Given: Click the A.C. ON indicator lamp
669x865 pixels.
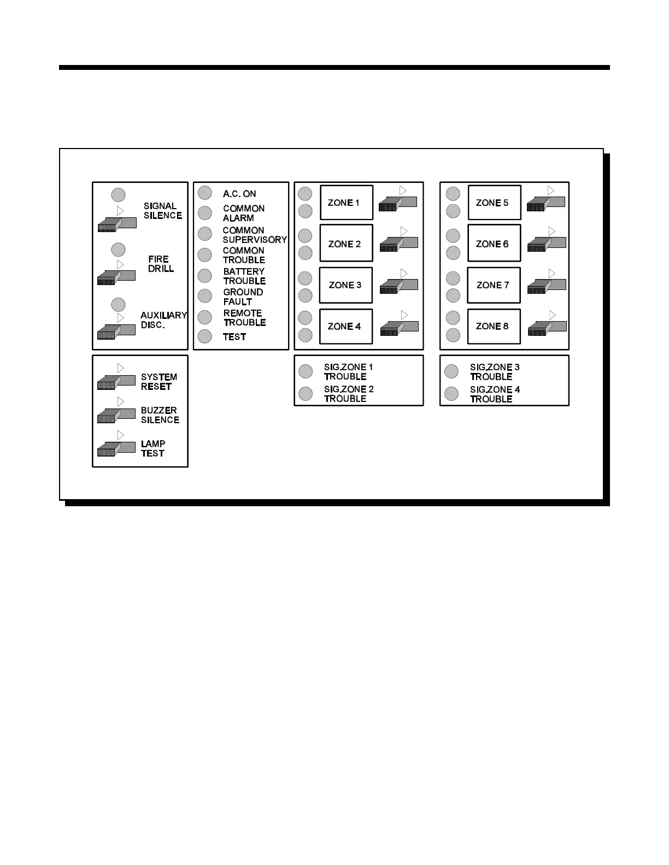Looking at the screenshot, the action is [205, 193].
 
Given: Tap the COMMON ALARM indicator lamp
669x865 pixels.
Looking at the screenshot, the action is [205, 212].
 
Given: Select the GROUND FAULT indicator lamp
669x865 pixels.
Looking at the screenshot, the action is [205, 296].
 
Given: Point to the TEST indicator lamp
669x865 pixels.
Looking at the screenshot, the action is [205, 336].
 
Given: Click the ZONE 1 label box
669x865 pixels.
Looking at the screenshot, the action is [346, 203].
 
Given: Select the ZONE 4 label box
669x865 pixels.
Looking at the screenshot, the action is [346, 327].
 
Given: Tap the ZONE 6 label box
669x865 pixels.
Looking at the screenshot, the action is [494, 244].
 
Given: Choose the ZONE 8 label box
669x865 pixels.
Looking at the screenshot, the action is [494, 327].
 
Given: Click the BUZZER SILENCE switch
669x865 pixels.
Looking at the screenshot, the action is [116, 415].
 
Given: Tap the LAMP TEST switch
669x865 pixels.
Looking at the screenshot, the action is [116, 449].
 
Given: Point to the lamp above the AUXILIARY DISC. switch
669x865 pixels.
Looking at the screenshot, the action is [118, 304].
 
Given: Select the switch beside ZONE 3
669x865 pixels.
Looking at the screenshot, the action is [398, 286].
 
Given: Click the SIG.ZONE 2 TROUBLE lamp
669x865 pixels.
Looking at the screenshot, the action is [306, 394].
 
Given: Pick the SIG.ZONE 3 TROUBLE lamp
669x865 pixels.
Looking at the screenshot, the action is [451, 371].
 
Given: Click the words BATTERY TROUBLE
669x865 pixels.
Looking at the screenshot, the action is [244, 276].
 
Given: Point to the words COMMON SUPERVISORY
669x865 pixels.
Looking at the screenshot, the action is [254, 235].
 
